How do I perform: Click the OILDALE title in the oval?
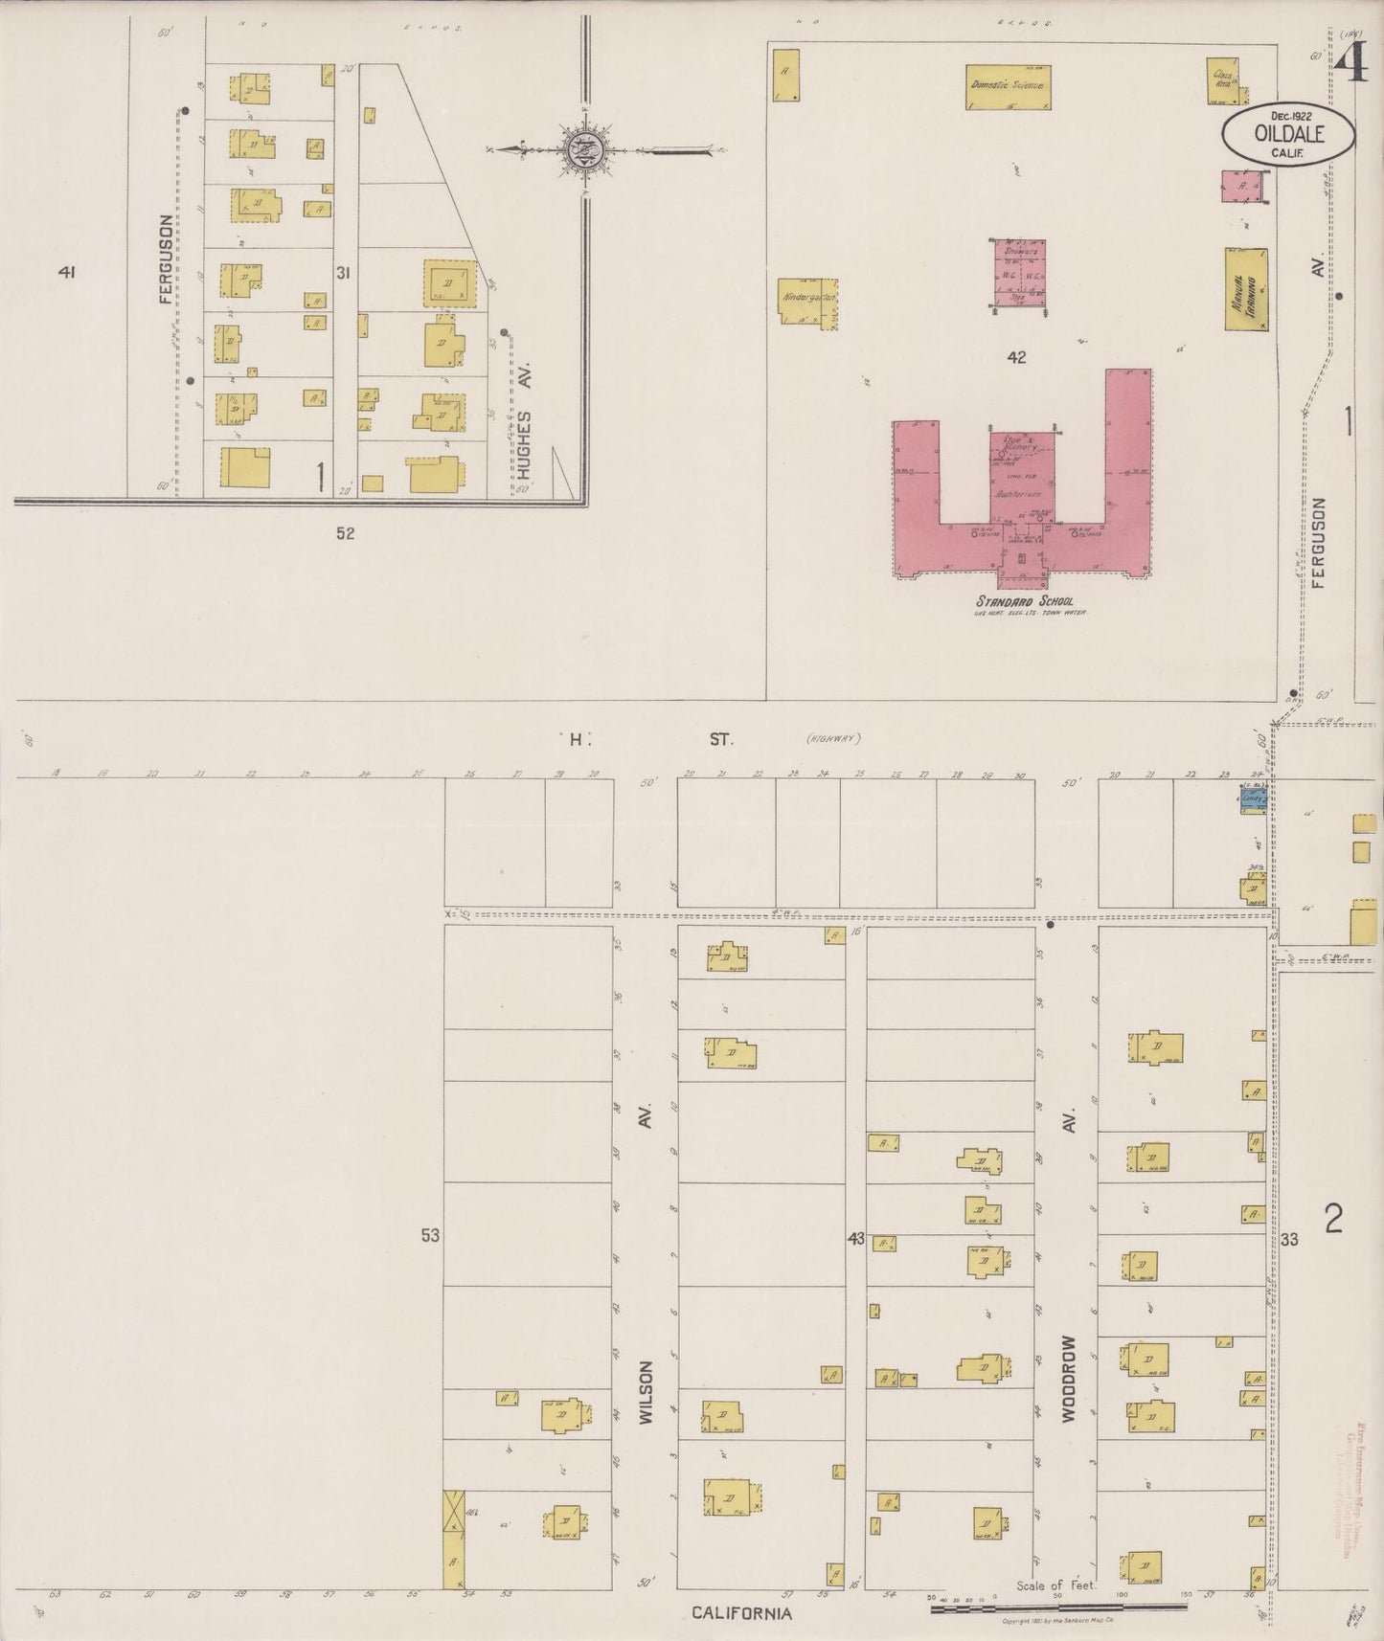[1288, 134]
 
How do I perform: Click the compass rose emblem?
[581, 149]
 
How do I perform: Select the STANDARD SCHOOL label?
[1016, 600]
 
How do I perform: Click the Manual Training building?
[1245, 289]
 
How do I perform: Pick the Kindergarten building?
[809, 298]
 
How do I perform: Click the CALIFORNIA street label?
[742, 1612]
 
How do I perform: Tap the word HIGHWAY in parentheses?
[834, 737]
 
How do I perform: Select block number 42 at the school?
[1016, 357]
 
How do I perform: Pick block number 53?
[429, 1235]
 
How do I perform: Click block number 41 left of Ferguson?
[66, 273]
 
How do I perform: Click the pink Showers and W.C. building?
[1017, 276]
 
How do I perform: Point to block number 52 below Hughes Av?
[345, 533]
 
